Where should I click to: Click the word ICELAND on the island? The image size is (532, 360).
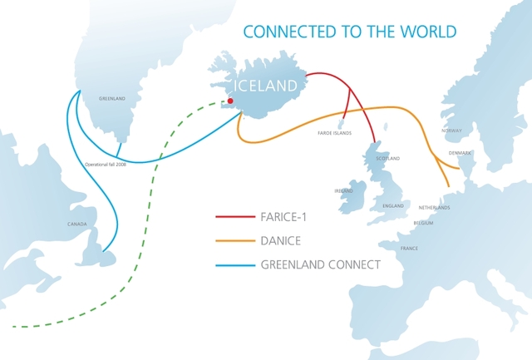click(265, 85)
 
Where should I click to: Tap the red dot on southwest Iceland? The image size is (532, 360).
click(230, 101)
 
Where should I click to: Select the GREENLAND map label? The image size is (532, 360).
click(111, 99)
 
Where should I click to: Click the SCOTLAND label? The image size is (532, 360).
click(387, 158)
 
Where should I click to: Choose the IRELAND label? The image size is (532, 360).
click(344, 190)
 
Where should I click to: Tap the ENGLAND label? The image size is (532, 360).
click(393, 205)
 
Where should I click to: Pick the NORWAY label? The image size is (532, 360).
click(451, 131)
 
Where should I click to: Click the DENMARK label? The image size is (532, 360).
click(460, 153)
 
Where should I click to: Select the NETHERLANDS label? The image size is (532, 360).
click(434, 207)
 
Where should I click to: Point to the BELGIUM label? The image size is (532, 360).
click(423, 224)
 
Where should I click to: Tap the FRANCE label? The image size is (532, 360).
click(409, 249)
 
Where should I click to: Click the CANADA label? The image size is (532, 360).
click(76, 224)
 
